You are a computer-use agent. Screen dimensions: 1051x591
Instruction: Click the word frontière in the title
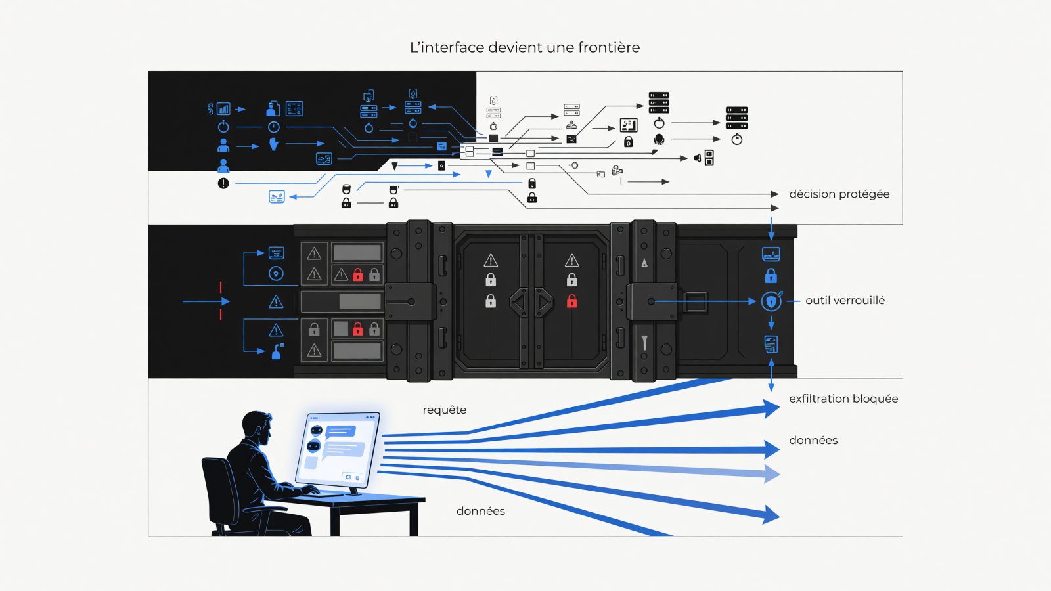[x=608, y=47]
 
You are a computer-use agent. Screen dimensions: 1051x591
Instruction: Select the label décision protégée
[x=839, y=194]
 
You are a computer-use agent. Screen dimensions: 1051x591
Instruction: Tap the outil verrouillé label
[x=845, y=300]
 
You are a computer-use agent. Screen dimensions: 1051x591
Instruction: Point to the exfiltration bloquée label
[x=843, y=399]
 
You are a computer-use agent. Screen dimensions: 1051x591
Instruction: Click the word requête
[x=444, y=410]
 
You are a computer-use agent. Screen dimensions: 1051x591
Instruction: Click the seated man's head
[x=257, y=427]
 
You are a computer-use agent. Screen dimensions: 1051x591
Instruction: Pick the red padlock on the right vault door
[x=571, y=301]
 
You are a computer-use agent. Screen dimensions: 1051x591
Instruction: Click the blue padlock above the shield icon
[x=771, y=276]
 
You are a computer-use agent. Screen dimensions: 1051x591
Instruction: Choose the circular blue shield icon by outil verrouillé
[x=771, y=301]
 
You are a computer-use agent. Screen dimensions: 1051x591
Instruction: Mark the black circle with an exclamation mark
[x=223, y=183]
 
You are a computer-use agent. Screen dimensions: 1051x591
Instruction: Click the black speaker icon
[x=698, y=158]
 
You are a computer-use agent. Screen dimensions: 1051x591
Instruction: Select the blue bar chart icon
[x=223, y=109]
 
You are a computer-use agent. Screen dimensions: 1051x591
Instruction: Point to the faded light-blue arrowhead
[x=772, y=473]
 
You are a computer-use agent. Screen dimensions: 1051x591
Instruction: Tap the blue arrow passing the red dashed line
[x=206, y=301]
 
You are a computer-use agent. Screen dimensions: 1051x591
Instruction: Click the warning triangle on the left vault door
[x=491, y=260]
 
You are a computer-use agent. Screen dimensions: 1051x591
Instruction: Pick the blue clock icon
[x=273, y=127]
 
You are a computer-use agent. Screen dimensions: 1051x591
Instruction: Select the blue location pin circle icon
[x=276, y=273]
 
